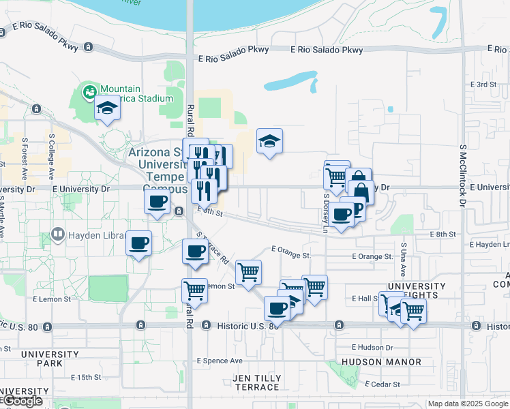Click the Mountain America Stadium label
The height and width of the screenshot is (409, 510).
(136, 93)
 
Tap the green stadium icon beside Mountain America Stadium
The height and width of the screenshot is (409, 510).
(89, 90)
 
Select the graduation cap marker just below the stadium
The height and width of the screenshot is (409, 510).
(107, 110)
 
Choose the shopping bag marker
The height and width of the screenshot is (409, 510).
(360, 191)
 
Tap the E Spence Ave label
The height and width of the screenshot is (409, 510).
(220, 361)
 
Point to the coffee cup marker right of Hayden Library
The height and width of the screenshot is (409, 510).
(139, 243)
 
